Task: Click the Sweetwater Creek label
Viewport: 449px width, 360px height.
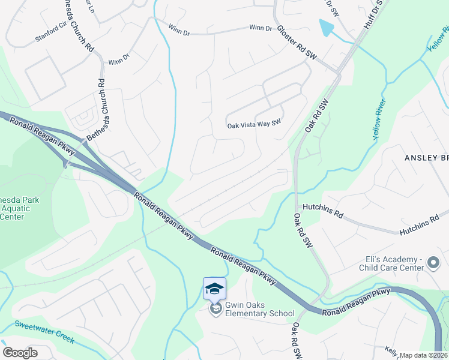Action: point(45,331)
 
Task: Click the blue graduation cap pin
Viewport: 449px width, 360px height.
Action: point(214,289)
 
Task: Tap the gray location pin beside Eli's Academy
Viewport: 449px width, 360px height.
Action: point(435,263)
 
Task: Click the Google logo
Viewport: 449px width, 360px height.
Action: point(20,353)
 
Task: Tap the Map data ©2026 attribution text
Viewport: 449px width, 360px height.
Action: point(424,355)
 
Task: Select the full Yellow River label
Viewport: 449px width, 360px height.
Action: point(381,119)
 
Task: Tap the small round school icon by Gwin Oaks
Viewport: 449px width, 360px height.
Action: point(214,310)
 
